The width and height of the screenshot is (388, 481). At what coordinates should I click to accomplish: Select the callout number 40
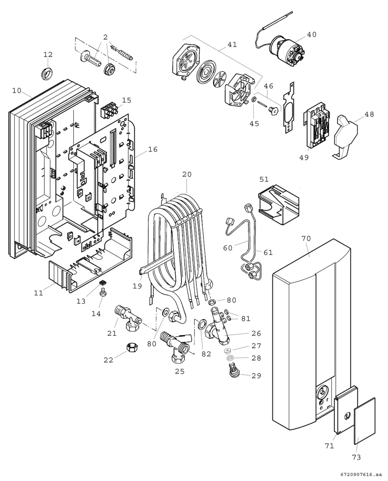tap(312, 34)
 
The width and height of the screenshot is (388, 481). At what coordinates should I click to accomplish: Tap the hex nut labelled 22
tap(132, 347)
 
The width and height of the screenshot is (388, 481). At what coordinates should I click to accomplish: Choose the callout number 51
tap(264, 179)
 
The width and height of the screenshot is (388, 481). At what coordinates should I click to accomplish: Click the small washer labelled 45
tap(254, 99)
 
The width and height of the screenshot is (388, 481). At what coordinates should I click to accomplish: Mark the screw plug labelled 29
tap(234, 371)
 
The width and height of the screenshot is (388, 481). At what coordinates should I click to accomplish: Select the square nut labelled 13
tap(103, 283)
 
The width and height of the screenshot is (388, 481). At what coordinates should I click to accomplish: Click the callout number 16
tap(153, 149)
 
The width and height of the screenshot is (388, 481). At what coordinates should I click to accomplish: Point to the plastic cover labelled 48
tap(346, 137)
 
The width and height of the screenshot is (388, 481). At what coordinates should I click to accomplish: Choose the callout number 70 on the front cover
tap(306, 239)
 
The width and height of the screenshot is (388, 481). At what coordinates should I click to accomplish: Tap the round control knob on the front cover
tap(322, 393)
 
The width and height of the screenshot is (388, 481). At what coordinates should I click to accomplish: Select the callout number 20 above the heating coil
tap(187, 174)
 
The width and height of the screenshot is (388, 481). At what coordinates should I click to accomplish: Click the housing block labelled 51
tap(279, 204)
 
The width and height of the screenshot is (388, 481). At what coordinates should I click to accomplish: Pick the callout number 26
tap(256, 333)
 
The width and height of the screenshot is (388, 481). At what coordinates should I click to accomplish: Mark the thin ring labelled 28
tap(230, 358)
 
